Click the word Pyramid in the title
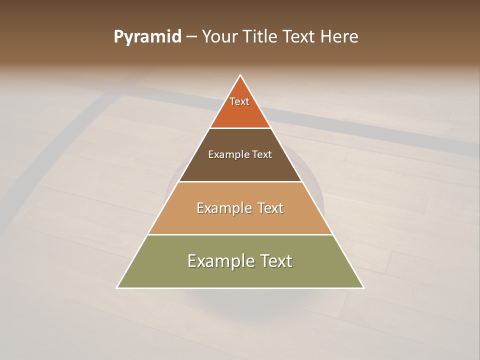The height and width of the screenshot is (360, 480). (x=147, y=37)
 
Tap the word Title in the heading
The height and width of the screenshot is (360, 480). (x=261, y=36)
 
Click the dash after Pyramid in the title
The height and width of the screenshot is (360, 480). (x=191, y=37)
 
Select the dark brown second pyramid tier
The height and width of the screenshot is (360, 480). (x=240, y=167)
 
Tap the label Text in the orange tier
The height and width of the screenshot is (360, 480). (x=239, y=101)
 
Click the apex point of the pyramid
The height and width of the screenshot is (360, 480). (x=240, y=75)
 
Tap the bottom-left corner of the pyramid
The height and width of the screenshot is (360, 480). (x=117, y=287)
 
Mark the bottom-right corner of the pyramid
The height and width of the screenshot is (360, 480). (x=363, y=287)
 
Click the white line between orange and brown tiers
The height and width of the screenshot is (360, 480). (x=240, y=128)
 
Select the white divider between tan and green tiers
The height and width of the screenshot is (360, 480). (x=240, y=234)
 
